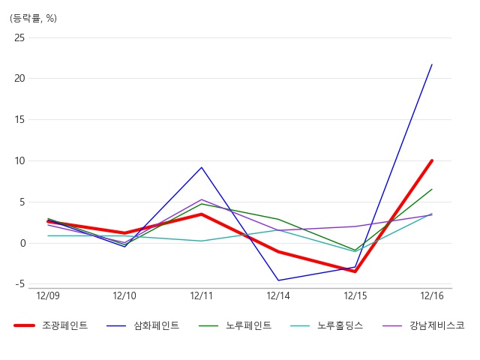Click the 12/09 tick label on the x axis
coord(48,295)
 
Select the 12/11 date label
coord(202,295)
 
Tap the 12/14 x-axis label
coord(278,295)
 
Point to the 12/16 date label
coord(432,295)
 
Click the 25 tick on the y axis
coord(19,38)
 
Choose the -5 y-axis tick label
coord(20,284)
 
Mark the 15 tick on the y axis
coord(19,120)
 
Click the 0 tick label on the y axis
coord(23,243)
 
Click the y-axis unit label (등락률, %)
coord(33,18)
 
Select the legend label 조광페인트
coord(65,325)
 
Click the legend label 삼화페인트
coord(157,325)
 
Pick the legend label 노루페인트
coord(248,325)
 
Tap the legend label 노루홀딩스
coord(340,325)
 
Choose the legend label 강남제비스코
coord(437,325)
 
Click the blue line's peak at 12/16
coord(432,64)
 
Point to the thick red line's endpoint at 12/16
coord(432,160)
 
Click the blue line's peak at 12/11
coord(202,167)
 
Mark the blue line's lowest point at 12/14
coord(278,280)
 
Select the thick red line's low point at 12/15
coord(355,271)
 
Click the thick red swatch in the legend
coord(24,325)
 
